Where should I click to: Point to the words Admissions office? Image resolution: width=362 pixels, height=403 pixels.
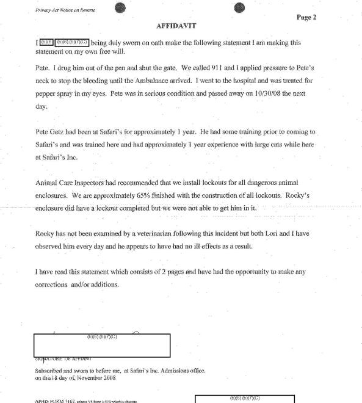176,370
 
